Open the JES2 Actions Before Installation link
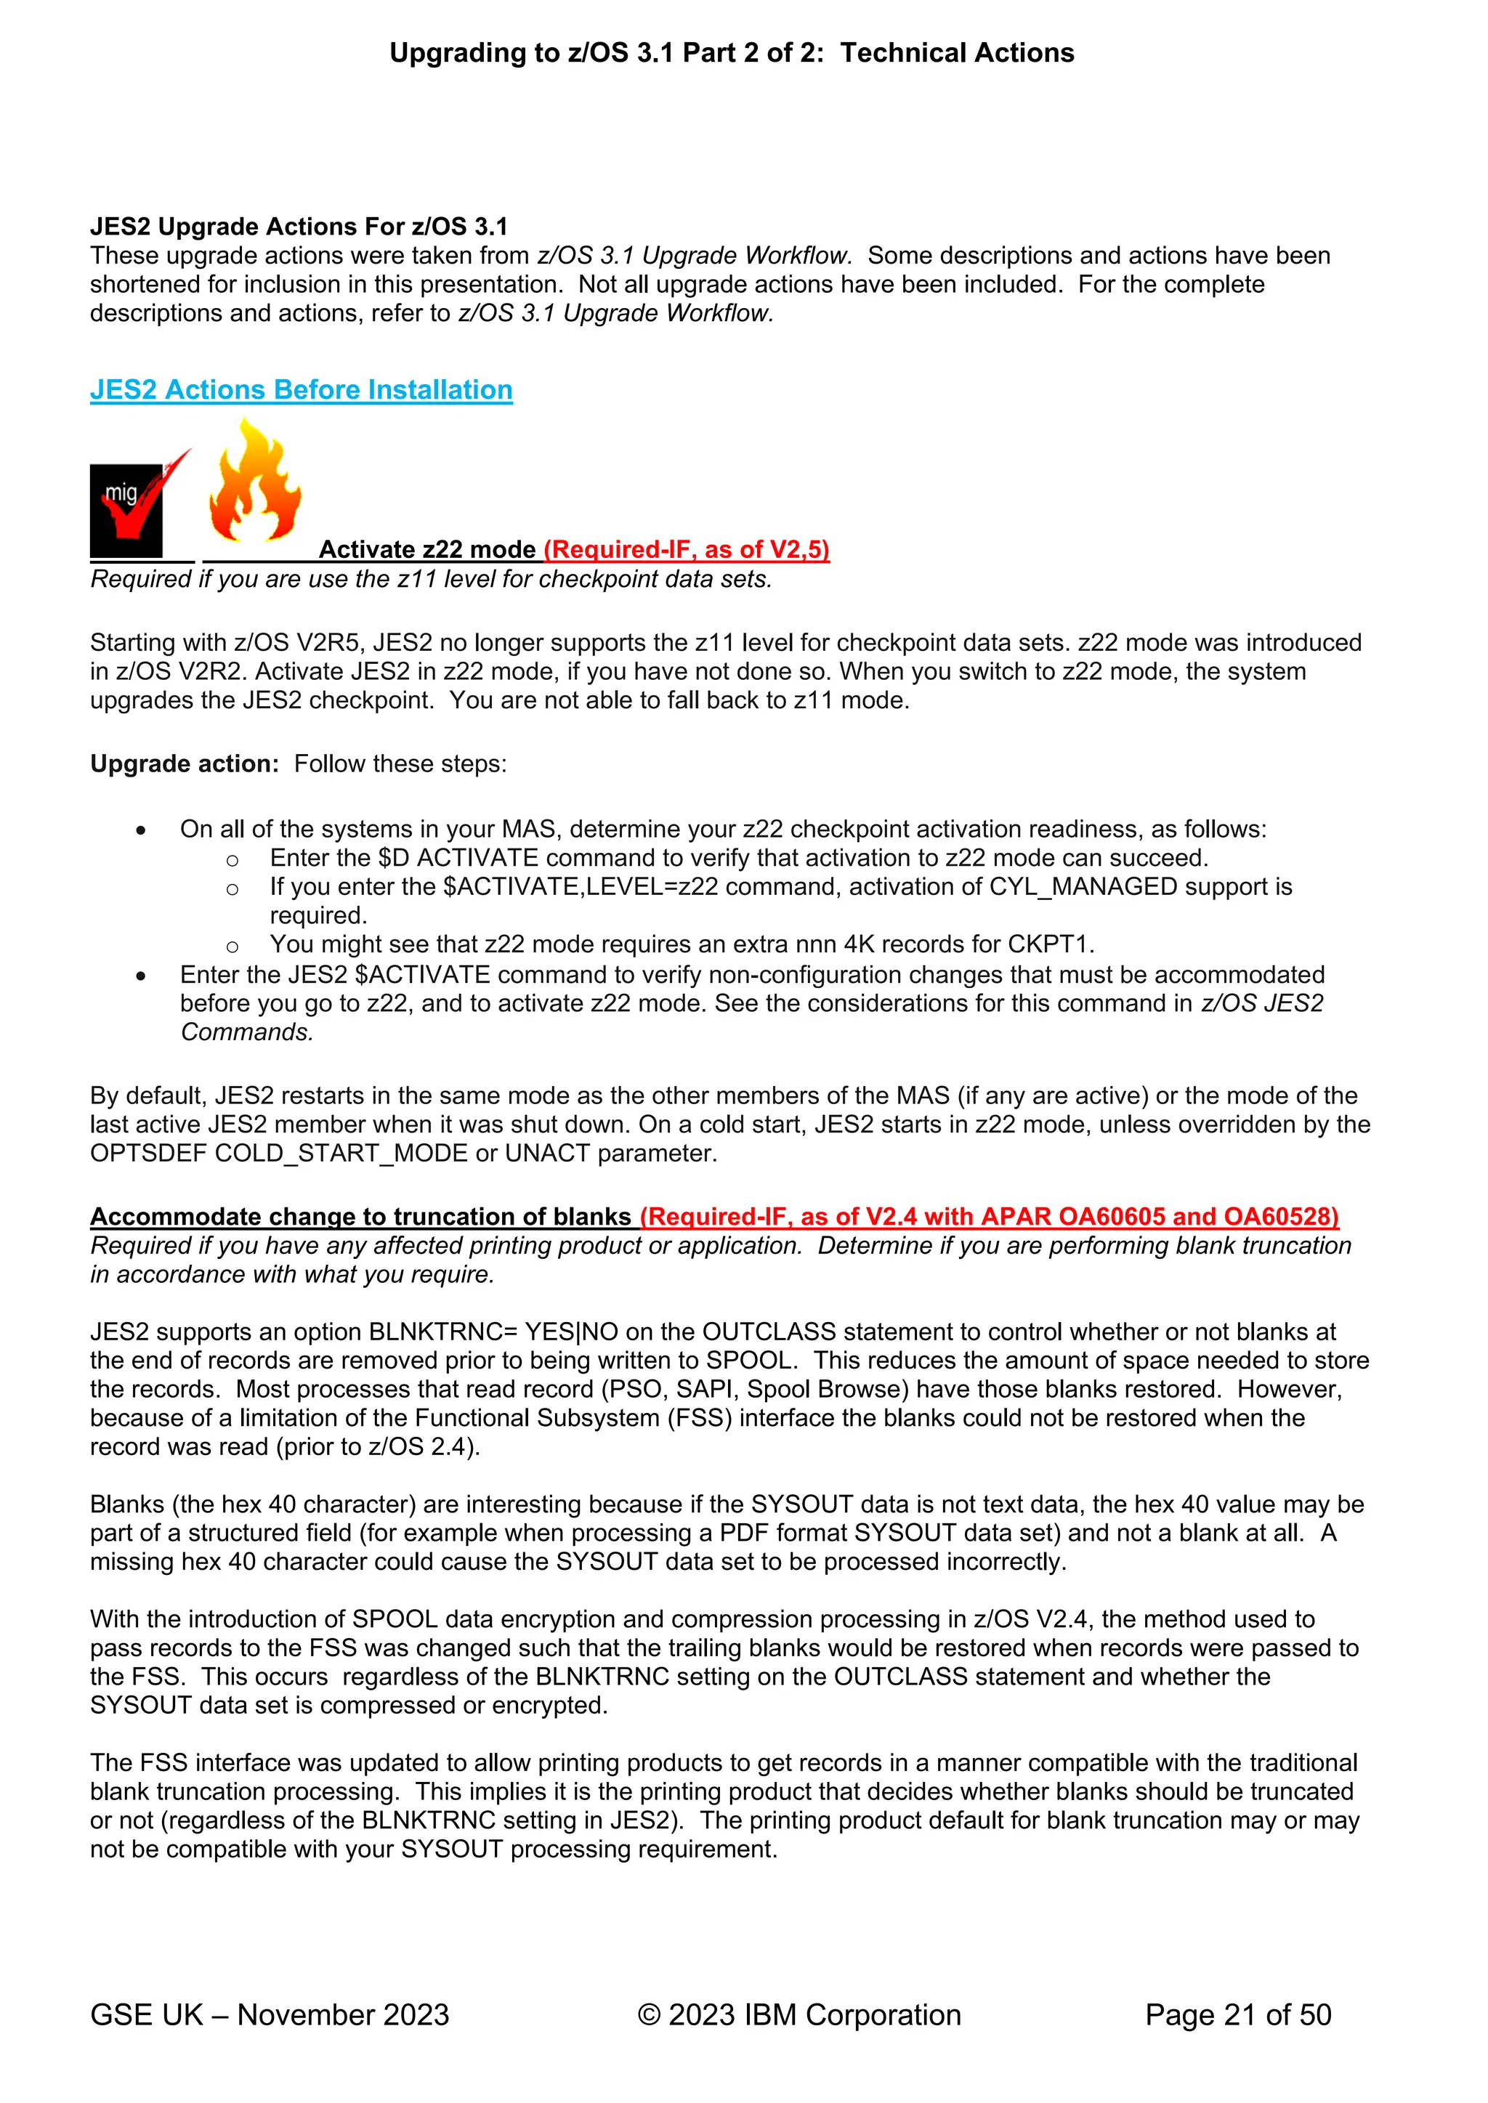click(x=301, y=390)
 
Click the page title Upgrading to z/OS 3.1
click(x=731, y=53)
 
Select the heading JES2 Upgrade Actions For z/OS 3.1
click(x=298, y=226)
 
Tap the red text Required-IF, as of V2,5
click(x=687, y=550)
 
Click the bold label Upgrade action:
click(x=184, y=764)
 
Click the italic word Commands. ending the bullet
click(x=246, y=1032)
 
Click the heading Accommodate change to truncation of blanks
click(x=360, y=1217)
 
